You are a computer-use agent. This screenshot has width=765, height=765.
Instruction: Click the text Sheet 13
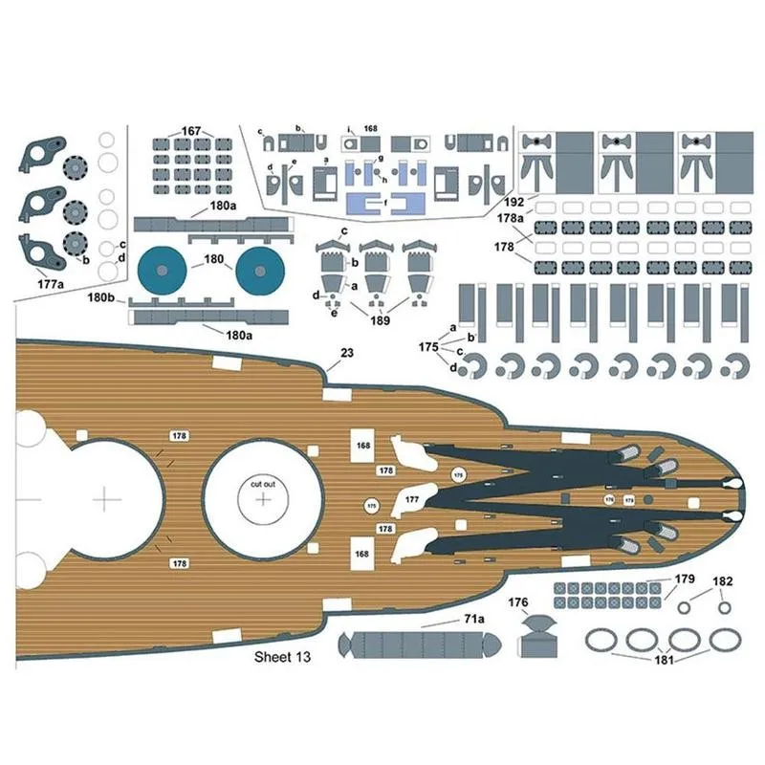(x=282, y=657)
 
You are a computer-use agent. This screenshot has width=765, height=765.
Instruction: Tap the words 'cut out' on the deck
(x=263, y=484)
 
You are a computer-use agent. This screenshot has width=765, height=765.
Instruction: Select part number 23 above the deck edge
(x=346, y=353)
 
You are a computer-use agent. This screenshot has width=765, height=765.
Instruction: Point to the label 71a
(x=473, y=620)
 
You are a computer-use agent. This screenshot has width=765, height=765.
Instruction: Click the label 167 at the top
(x=192, y=130)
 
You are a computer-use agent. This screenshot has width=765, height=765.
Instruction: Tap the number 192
(x=514, y=203)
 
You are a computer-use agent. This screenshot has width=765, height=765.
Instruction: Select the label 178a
(x=511, y=218)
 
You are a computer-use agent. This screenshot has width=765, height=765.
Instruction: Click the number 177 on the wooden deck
(x=411, y=500)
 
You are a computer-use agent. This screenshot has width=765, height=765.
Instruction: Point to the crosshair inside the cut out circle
(x=264, y=500)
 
